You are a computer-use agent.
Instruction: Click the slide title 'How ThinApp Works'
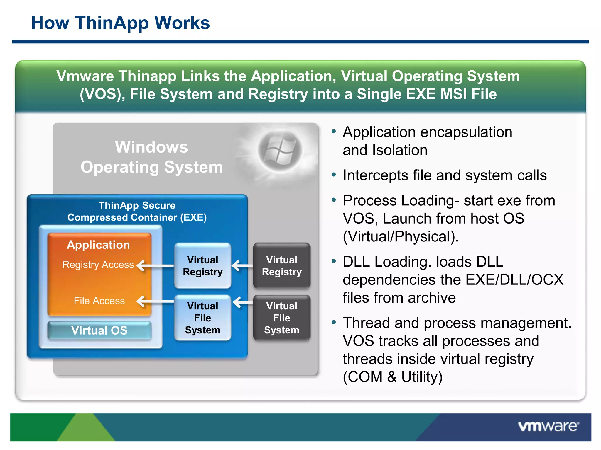(x=120, y=23)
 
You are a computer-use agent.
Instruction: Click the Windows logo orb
(x=280, y=150)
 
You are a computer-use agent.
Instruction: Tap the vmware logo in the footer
(x=548, y=426)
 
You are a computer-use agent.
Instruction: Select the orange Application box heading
(x=98, y=245)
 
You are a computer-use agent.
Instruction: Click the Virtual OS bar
(x=99, y=330)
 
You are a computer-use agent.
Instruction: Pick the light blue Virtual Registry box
(x=202, y=266)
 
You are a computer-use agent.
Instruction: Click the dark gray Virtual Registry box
(x=281, y=266)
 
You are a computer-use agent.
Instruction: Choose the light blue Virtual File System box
(x=202, y=318)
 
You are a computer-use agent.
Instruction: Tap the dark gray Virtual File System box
(x=281, y=318)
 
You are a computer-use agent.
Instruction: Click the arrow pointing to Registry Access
(x=155, y=266)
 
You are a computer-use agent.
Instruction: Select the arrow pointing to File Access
(x=155, y=301)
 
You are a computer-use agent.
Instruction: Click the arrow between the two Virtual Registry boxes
(x=242, y=266)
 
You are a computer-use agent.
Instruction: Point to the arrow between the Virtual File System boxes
(x=243, y=302)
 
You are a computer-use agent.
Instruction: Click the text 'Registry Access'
(x=98, y=265)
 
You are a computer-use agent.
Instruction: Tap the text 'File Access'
(x=99, y=301)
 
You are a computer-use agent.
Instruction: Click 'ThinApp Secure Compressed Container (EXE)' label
(x=137, y=211)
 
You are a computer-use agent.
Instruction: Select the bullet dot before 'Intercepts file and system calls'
(x=333, y=175)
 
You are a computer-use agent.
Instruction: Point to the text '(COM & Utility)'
(x=392, y=377)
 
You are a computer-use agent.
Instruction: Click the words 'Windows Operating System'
(x=151, y=157)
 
